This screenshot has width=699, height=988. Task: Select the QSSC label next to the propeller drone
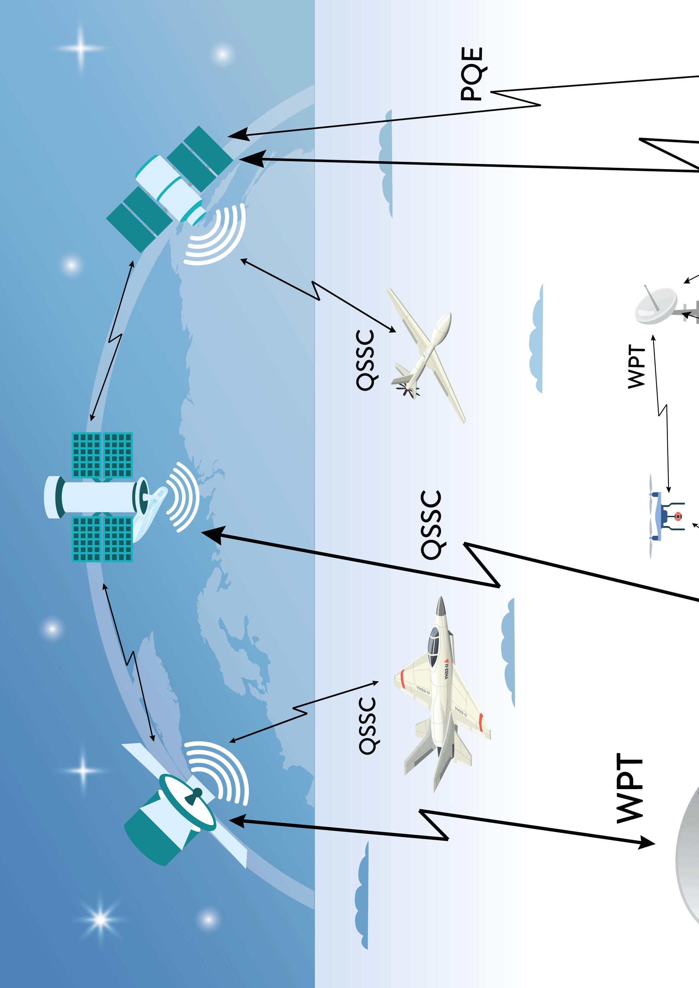pos(365,360)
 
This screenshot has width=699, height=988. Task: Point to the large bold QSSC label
pos(431,525)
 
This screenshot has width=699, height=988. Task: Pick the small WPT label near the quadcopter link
pos(636,366)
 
